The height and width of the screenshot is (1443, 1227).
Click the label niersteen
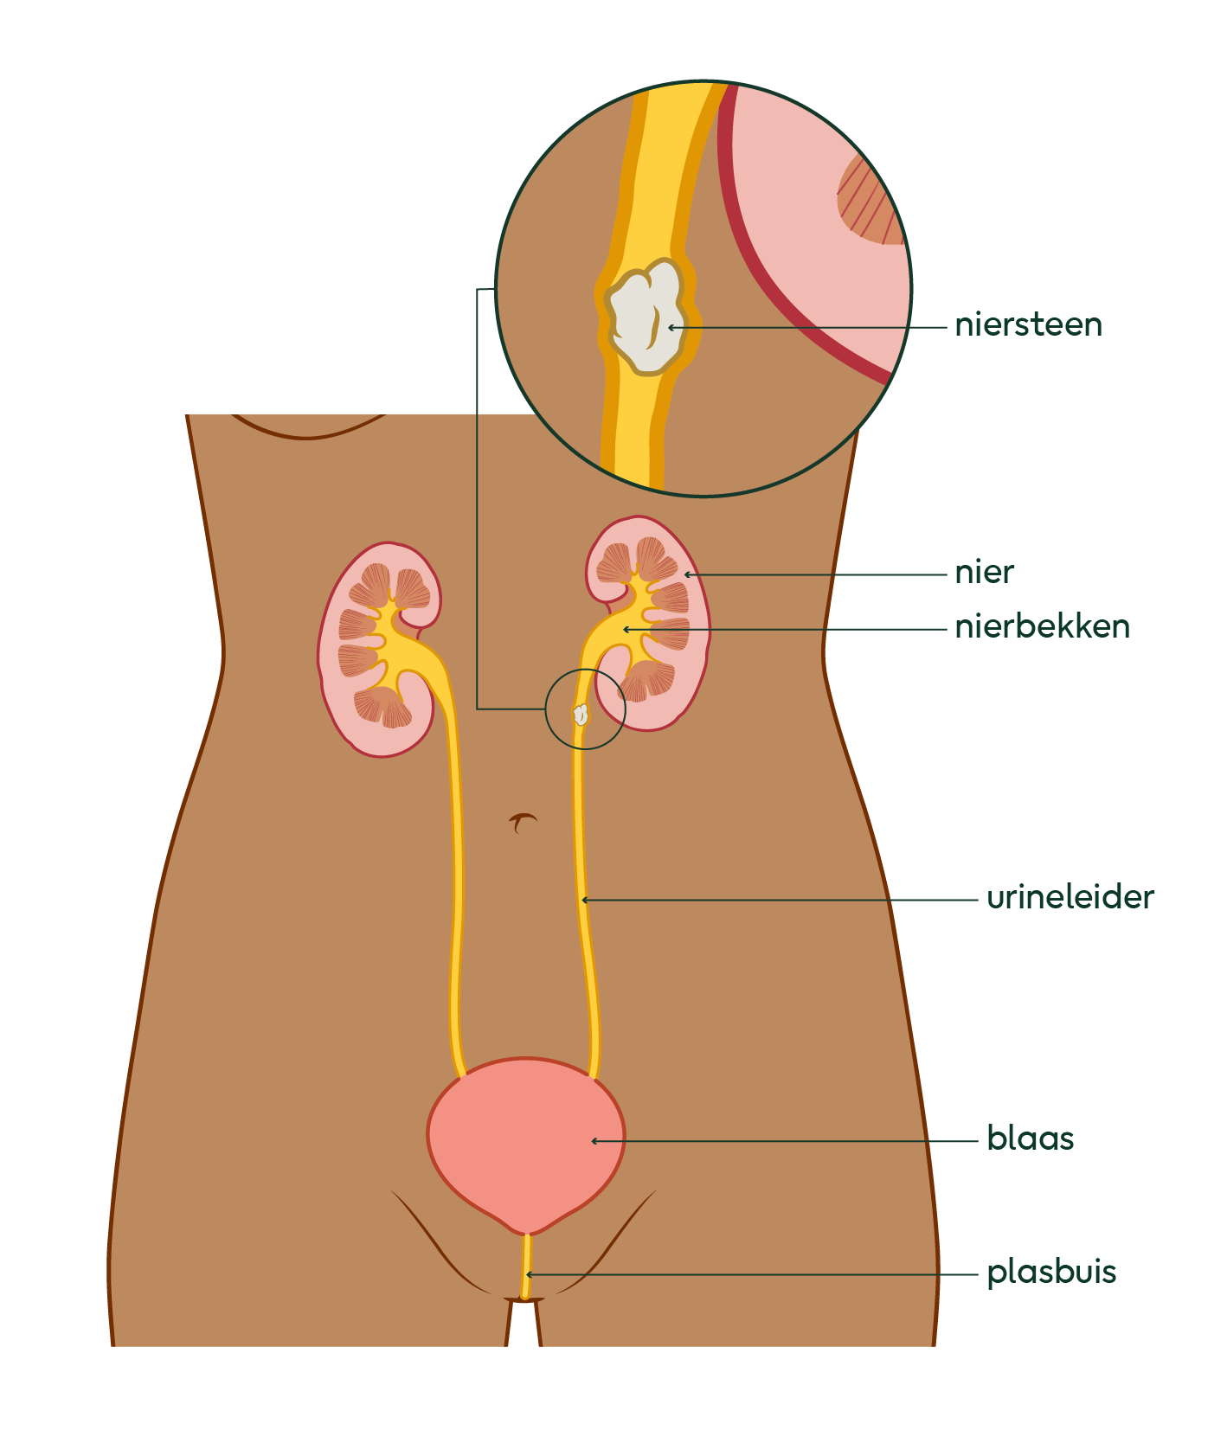1028,325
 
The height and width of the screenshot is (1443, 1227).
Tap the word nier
984,573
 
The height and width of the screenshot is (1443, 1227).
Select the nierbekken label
1042,627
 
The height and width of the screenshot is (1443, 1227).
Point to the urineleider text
1070,898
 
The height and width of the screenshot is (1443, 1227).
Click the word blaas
1030,1139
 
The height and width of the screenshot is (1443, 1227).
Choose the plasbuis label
1051,1273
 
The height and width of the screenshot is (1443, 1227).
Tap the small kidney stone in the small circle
581,715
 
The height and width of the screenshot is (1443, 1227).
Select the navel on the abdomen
523,822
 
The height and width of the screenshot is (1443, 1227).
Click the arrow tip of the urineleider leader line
584,901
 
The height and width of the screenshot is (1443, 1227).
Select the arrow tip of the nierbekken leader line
625,629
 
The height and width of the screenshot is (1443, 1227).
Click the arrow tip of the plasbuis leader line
528,1274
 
